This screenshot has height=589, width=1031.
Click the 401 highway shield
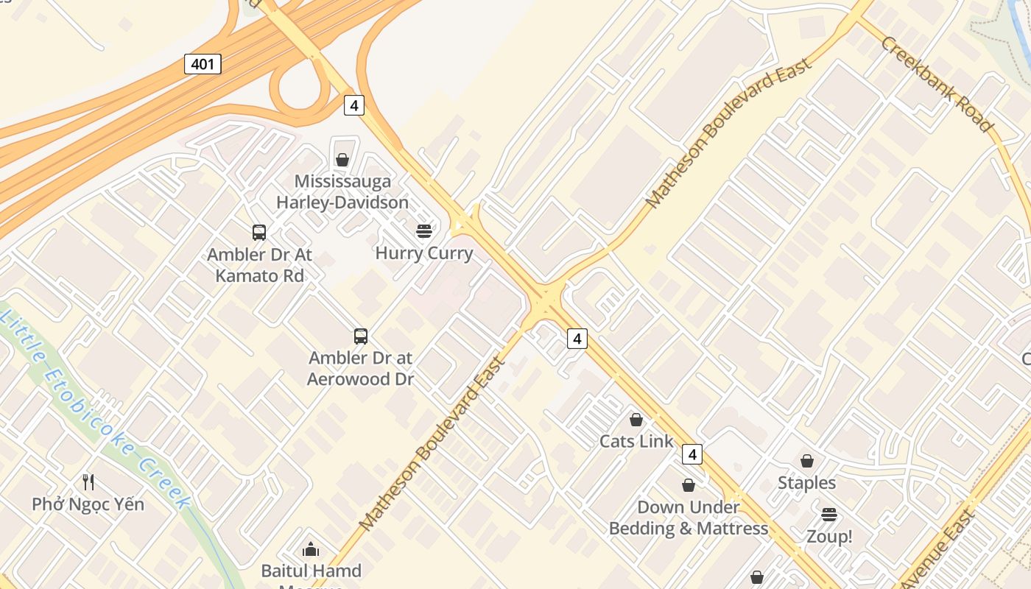(203, 64)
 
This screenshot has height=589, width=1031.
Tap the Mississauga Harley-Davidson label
(342, 191)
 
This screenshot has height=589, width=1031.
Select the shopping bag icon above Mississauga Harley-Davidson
(342, 160)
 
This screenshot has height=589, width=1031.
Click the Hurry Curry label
(424, 253)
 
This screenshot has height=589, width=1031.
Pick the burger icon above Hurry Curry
(424, 231)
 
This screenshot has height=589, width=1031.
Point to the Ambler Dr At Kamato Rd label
(259, 265)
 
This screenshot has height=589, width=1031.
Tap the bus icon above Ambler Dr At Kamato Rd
(259, 233)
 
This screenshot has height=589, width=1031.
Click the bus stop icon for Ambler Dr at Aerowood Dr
(361, 336)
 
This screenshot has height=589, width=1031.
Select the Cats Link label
(636, 441)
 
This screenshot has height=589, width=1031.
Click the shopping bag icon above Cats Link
(636, 420)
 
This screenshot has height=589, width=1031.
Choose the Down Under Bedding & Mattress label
(689, 518)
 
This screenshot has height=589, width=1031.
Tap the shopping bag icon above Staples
(807, 461)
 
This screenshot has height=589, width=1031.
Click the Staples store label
(807, 483)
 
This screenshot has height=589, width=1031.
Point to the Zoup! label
(829, 537)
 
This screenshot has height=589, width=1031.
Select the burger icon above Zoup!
(829, 514)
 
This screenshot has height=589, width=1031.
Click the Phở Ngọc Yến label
(88, 504)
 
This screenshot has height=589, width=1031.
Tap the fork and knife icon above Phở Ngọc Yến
(88, 482)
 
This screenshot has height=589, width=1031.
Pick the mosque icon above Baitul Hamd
(311, 549)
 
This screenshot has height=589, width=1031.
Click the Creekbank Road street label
(937, 84)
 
